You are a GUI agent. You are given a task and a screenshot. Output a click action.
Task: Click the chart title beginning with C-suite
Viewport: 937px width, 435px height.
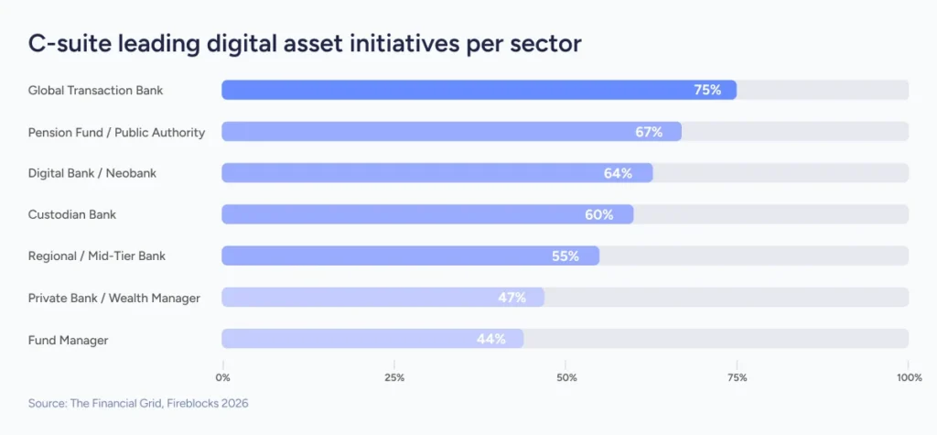click(305, 43)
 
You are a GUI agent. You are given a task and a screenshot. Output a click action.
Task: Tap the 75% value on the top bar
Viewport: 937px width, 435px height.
click(707, 90)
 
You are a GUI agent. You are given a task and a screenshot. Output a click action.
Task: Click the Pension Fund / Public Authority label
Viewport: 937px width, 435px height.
click(116, 132)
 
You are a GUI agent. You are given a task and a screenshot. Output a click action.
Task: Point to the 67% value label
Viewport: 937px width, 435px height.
click(649, 132)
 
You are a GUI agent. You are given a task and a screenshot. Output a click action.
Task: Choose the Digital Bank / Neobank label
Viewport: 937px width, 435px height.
click(92, 173)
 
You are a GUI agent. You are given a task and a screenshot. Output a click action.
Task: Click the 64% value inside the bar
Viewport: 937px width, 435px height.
click(618, 173)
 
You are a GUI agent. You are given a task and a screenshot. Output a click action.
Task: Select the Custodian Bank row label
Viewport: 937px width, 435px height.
click(72, 214)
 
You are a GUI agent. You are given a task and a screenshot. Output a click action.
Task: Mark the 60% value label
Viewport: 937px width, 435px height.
click(598, 214)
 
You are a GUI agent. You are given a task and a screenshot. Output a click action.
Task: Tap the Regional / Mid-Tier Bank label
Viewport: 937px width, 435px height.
click(97, 256)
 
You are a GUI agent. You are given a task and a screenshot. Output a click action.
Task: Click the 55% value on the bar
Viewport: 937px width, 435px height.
click(565, 256)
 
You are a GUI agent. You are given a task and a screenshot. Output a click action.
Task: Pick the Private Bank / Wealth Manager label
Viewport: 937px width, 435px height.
click(113, 298)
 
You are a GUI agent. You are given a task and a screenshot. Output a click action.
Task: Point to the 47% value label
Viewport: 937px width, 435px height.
click(512, 298)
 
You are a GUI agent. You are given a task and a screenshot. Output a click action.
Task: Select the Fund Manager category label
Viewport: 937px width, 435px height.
click(68, 340)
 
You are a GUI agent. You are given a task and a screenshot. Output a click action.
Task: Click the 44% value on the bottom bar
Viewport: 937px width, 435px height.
click(491, 339)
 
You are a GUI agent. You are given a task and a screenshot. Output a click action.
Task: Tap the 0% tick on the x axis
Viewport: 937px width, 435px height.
click(222, 377)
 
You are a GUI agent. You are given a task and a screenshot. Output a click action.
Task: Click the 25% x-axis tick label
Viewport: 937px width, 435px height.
click(394, 377)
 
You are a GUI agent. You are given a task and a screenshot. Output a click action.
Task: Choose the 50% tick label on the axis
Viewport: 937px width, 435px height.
click(566, 377)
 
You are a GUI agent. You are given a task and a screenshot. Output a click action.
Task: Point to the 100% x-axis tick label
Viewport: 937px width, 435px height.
click(908, 377)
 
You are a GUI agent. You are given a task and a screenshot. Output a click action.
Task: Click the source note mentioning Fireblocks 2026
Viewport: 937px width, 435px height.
click(138, 402)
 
